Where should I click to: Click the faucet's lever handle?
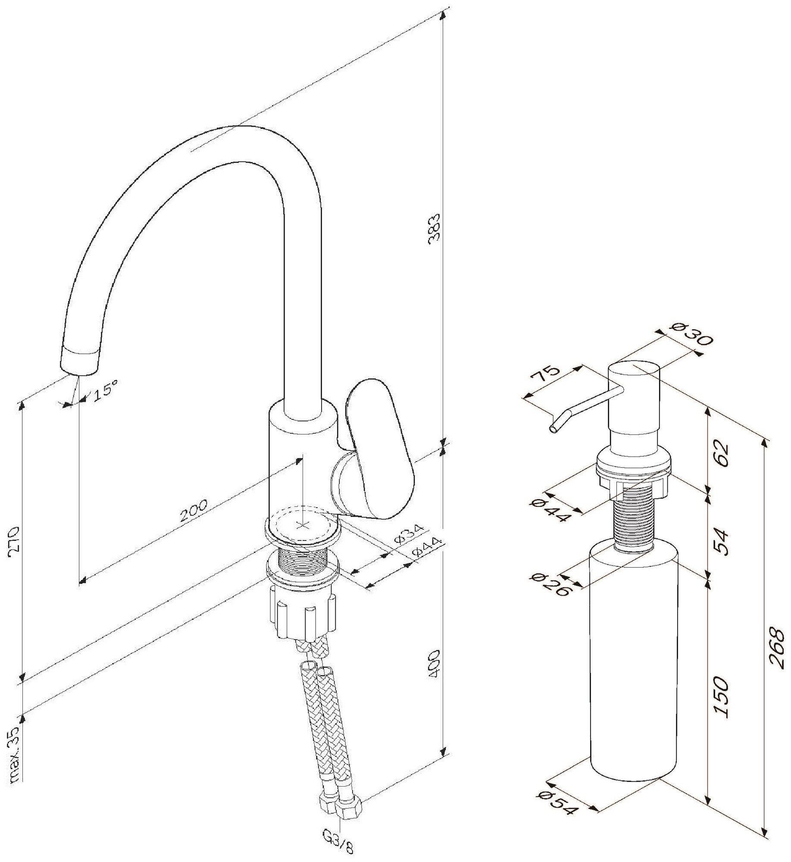pos(379,448)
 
